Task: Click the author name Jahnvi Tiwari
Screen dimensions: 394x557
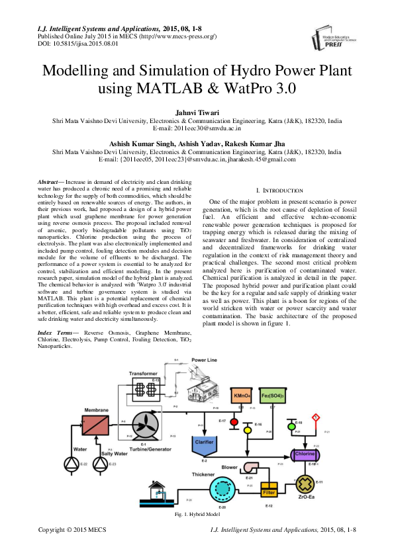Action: coord(197,114)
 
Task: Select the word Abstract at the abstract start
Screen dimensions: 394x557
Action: coord(48,181)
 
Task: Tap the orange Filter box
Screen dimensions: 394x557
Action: coord(268,492)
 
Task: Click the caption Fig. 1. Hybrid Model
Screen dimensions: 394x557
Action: coord(197,514)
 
